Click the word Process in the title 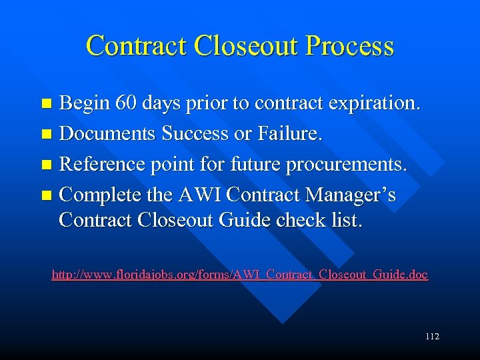tap(349, 46)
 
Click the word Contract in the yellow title tap(136, 46)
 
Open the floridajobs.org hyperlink tap(240, 274)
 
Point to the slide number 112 tap(432, 337)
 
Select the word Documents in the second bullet tap(107, 134)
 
